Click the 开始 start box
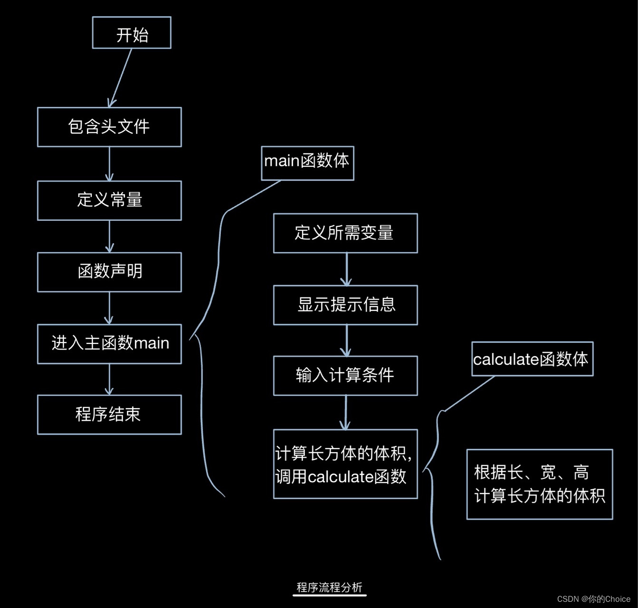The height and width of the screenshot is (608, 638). tap(132, 33)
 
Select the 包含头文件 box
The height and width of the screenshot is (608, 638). tap(109, 127)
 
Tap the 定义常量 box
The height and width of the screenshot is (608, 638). tap(109, 200)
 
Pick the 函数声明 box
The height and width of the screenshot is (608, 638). tap(109, 272)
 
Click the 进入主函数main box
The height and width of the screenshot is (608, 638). tap(109, 344)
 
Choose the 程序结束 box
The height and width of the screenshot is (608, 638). tap(109, 415)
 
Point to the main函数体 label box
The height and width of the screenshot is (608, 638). tap(307, 163)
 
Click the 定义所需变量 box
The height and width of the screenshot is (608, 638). tap(345, 233)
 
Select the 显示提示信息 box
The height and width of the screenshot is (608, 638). tap(345, 305)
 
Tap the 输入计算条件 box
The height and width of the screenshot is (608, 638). tap(345, 376)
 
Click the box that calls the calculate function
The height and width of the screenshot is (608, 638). tap(345, 464)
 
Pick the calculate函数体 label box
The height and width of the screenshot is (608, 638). tap(532, 359)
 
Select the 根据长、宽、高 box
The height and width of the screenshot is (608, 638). tap(540, 484)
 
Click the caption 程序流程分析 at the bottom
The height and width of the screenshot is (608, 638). tap(329, 588)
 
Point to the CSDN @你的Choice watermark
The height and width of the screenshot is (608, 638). tap(593, 599)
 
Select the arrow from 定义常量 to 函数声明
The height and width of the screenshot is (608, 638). tap(109, 236)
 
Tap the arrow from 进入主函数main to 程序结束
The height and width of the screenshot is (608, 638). tap(109, 379)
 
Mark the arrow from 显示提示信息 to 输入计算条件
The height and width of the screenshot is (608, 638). tap(346, 340)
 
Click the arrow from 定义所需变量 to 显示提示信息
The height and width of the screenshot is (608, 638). tap(346, 269)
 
